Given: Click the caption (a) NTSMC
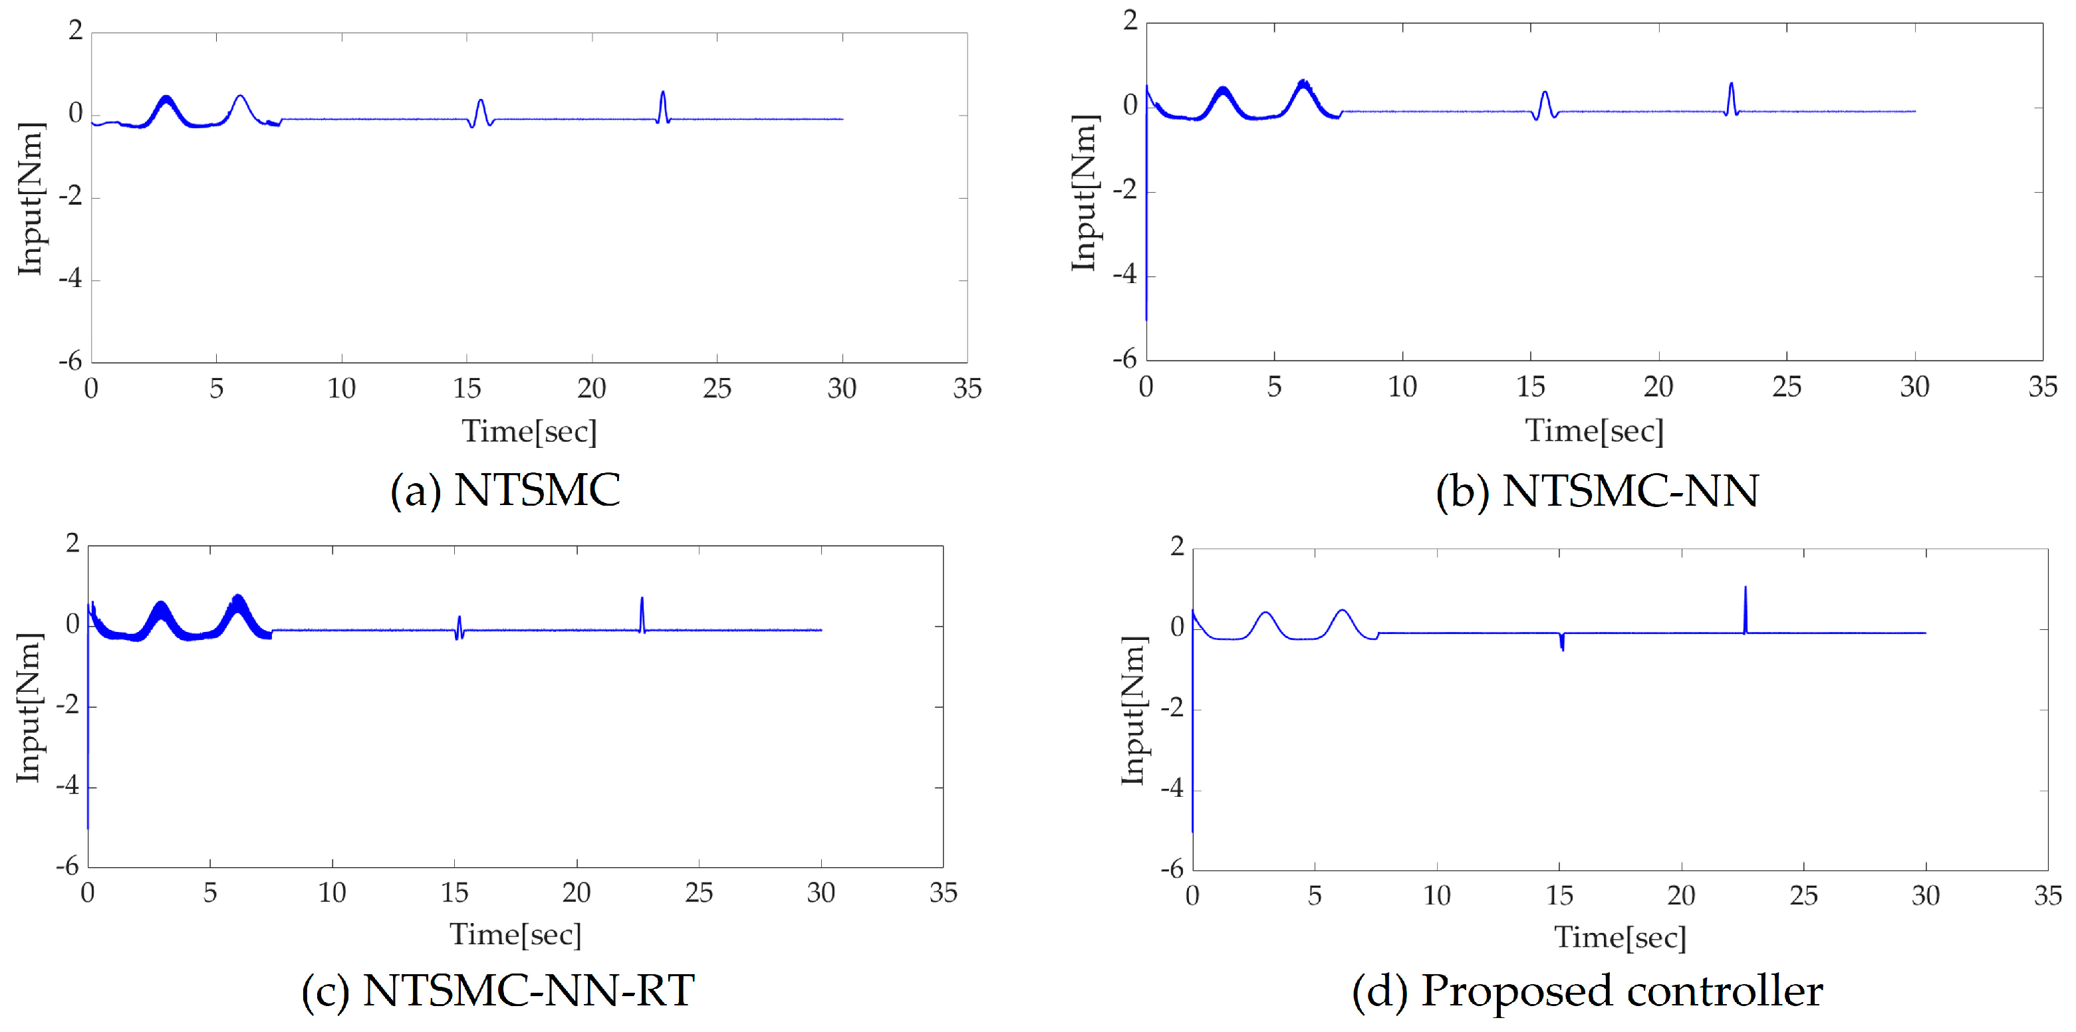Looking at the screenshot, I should coord(505,490).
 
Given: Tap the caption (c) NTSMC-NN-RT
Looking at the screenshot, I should coord(497,990).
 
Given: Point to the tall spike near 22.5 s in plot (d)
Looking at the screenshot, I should coord(1745,600).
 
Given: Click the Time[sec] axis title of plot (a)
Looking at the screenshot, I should coord(529,431).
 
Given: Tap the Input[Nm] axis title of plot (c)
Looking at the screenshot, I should coord(29,706).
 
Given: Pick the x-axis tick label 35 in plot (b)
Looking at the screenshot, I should coord(2042,387).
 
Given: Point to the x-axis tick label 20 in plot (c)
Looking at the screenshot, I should coord(577,892).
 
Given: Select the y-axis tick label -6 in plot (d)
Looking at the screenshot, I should coord(1172,869).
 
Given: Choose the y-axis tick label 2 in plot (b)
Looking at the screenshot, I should coord(1130,21).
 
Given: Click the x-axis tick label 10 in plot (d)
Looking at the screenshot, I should coord(1437,896).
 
